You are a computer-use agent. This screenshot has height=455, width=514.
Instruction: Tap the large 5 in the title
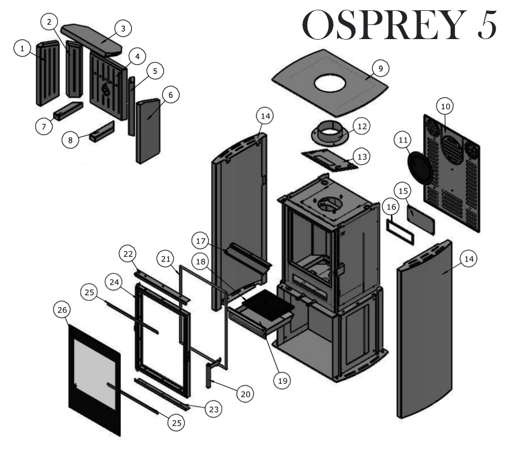(487, 25)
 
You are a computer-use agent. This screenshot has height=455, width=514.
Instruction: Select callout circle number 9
(381, 69)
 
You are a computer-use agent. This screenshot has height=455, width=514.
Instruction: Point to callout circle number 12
(361, 126)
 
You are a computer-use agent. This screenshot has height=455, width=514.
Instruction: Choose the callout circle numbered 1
(22, 49)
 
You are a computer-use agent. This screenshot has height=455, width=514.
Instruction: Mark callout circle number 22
(128, 255)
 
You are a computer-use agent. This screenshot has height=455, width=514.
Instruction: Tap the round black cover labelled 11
(420, 167)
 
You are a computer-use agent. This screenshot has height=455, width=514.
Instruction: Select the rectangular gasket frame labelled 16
(400, 230)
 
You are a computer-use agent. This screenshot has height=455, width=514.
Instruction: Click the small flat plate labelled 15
(421, 218)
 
